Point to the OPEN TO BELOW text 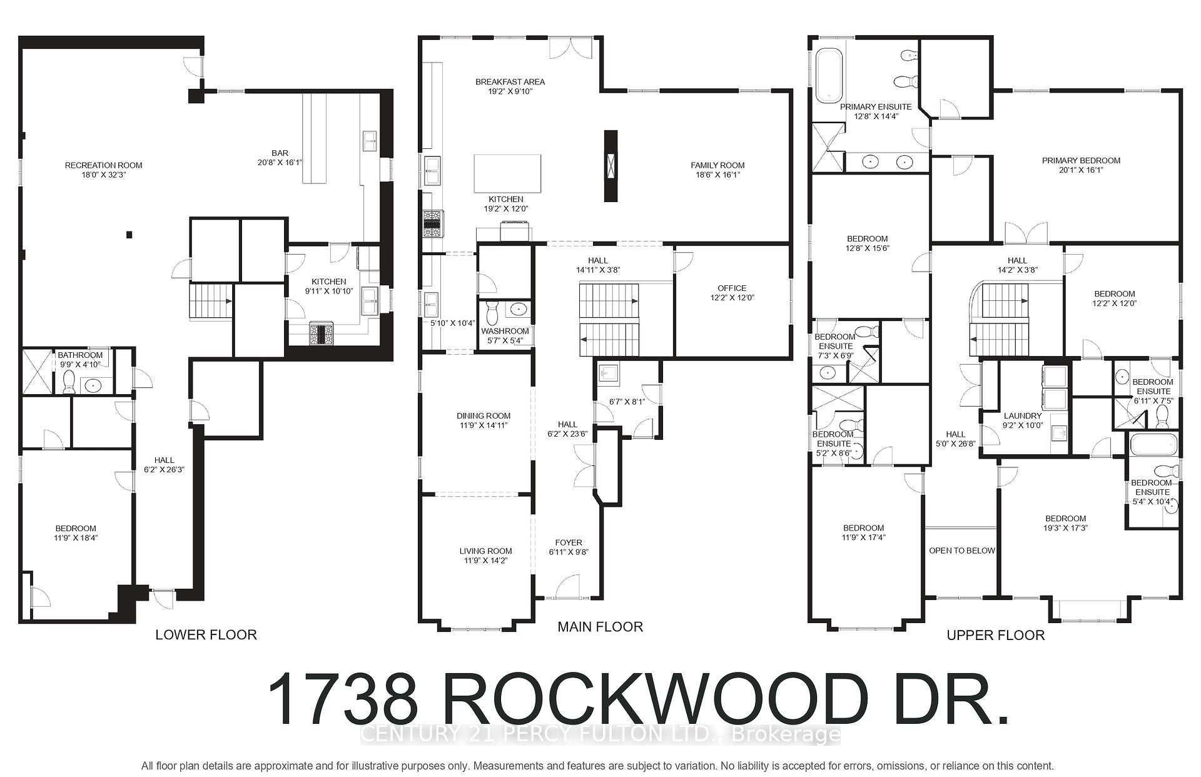click(x=961, y=551)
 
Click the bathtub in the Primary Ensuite click(x=829, y=76)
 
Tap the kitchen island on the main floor click(x=507, y=174)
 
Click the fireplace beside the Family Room click(x=611, y=166)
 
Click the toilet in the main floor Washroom click(x=491, y=309)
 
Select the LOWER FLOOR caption click(x=206, y=635)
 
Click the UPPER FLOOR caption click(x=995, y=636)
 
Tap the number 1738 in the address click(x=343, y=699)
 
